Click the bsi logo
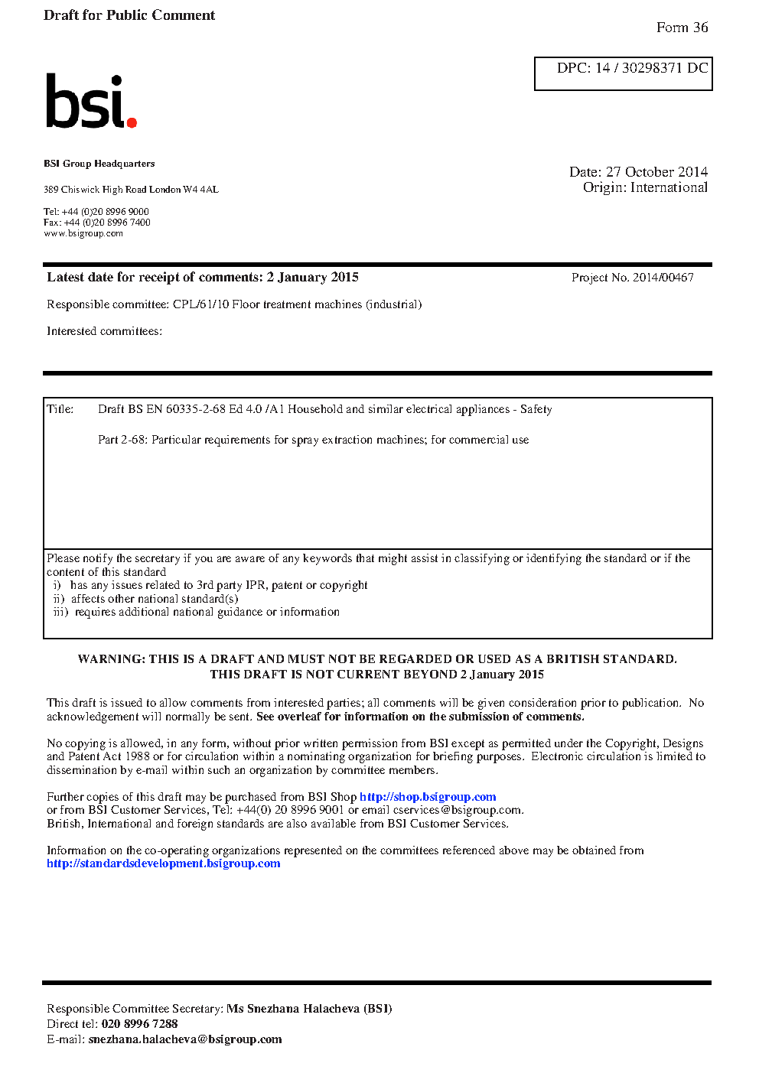tap(90, 101)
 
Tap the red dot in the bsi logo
tap(132, 122)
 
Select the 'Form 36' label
tap(682, 28)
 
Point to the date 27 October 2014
tap(656, 172)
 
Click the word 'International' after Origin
tap(669, 187)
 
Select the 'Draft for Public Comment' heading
tap(129, 15)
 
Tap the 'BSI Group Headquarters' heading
tap(99, 164)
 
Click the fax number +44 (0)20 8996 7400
tap(107, 223)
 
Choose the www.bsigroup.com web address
tap(83, 233)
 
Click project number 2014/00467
tap(663, 278)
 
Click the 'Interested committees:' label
tap(104, 331)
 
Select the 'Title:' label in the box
tap(60, 409)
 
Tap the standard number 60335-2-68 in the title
tap(195, 409)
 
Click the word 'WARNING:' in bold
tap(111, 659)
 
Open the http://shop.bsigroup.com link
tap(428, 797)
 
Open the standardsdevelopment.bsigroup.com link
tap(163, 863)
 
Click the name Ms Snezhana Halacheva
tap(293, 1009)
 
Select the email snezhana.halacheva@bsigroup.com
tap(185, 1039)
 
